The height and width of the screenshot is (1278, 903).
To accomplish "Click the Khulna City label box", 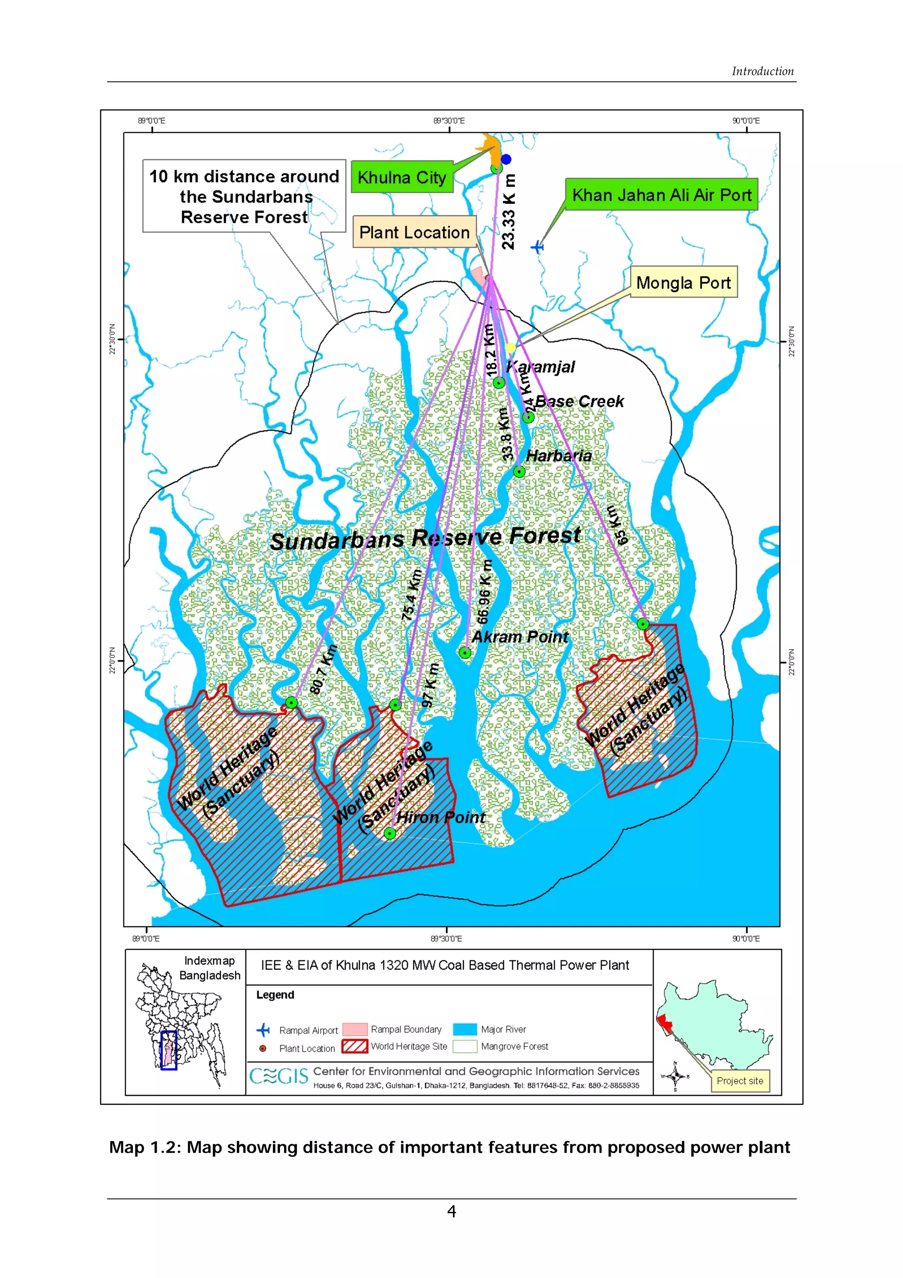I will pos(402,178).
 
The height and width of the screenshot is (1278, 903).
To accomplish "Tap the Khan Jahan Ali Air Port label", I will pos(661,195).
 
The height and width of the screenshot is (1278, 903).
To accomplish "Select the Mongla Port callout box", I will pos(683,283).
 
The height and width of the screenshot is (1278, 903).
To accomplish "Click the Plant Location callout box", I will pos(414,232).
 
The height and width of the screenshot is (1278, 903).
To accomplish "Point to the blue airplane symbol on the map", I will pos(537,247).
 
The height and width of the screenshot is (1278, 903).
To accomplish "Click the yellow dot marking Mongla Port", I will pos(511,348).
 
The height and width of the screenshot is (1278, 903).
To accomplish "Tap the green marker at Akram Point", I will pos(465,653).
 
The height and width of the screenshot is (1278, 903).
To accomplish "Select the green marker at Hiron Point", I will pos(390,833).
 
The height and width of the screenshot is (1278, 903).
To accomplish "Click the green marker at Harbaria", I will pos(519,472).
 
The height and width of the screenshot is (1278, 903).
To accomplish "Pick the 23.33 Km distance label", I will pos(508,212).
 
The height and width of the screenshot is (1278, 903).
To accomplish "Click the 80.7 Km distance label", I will pos(324,669).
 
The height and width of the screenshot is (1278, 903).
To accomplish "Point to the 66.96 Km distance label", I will pos(485,592).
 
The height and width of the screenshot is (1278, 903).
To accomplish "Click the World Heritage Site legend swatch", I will pos(354,1046).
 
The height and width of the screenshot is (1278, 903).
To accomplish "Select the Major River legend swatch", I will pos(465,1029).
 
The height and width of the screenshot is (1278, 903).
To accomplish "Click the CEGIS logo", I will pos(278,1076).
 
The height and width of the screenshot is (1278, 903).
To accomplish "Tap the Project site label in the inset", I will pos(739,1080).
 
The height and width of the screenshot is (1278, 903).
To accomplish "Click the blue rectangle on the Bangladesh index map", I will pos(168,1050).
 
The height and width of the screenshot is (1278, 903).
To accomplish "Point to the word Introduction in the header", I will pos(762,71).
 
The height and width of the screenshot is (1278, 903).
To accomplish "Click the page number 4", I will pos(451,1211).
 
